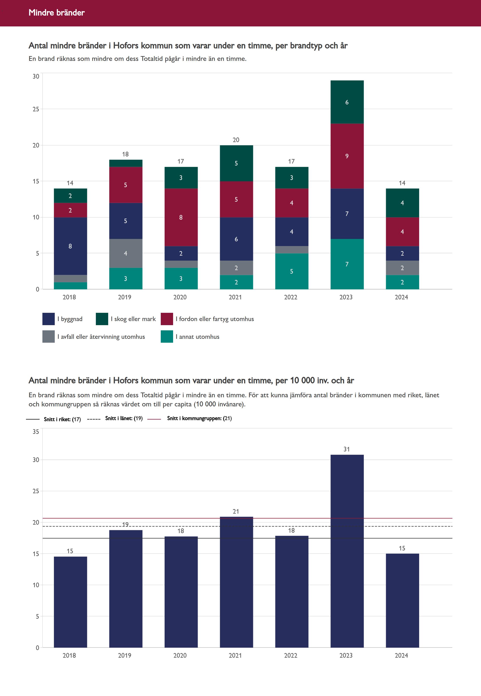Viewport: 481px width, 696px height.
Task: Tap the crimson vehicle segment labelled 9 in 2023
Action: (x=347, y=156)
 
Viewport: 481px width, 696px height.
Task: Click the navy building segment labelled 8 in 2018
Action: (x=70, y=246)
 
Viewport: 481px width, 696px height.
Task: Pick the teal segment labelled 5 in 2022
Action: (x=291, y=271)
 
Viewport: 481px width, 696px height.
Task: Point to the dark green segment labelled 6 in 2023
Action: (x=347, y=102)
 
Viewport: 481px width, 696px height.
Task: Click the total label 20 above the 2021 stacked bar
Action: (x=236, y=140)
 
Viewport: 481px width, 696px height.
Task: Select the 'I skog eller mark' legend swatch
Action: (x=102, y=319)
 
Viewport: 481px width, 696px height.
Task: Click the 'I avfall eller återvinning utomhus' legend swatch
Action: (x=48, y=336)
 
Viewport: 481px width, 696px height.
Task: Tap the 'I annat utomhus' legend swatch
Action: (x=167, y=336)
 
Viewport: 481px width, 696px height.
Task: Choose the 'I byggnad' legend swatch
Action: (x=48, y=319)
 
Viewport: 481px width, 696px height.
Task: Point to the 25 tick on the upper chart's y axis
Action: (x=36, y=109)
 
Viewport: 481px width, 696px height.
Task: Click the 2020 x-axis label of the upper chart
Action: (x=180, y=297)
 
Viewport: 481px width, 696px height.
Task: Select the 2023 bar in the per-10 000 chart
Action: (x=347, y=552)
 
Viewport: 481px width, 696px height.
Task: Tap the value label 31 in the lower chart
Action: (x=347, y=449)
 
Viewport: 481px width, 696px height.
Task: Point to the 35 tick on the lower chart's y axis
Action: (x=36, y=432)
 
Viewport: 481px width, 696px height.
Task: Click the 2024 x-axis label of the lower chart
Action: (x=401, y=655)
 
